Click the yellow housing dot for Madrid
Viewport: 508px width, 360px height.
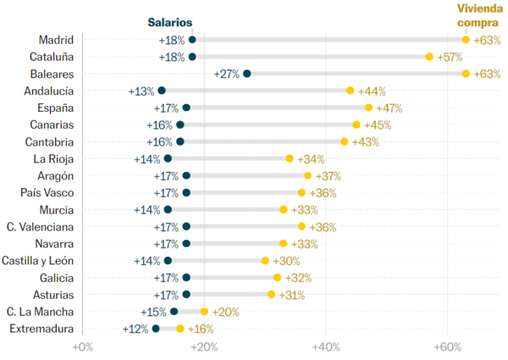(466, 40)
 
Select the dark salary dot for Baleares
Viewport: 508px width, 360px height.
(246, 74)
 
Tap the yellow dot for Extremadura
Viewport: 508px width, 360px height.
(179, 329)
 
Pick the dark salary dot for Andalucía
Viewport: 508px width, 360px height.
(162, 91)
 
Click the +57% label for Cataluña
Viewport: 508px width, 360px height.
(450, 57)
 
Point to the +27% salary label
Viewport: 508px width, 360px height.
(228, 74)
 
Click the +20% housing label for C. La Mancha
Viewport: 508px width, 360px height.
(225, 312)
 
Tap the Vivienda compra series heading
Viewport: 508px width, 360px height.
(478, 15)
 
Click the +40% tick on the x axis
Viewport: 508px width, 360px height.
(326, 346)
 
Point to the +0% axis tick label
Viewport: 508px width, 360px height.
(82, 346)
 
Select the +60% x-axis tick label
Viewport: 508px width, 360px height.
(448, 346)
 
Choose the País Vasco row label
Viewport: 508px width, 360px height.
(46, 192)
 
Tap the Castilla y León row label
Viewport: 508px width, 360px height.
(38, 261)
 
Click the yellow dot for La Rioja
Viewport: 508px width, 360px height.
(290, 158)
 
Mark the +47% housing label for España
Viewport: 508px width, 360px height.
(389, 108)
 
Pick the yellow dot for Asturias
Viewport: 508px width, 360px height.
(271, 295)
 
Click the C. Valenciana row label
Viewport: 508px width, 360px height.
(40, 227)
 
